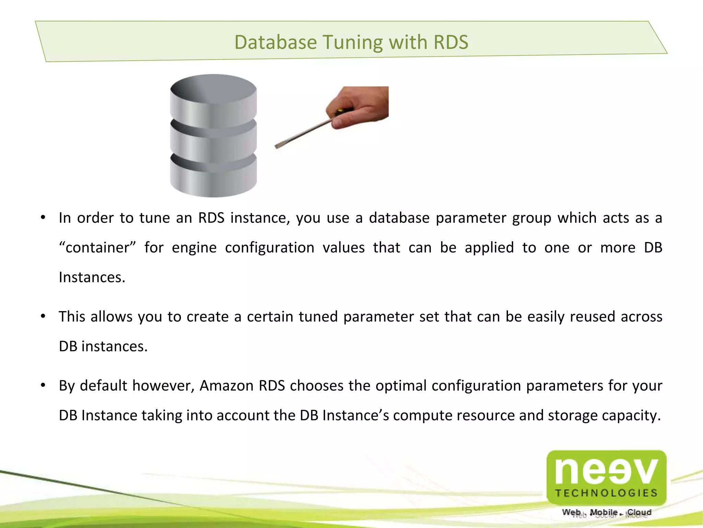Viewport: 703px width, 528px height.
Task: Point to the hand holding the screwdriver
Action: pyautogui.click(x=360, y=107)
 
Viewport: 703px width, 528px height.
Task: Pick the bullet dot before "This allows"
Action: pyautogui.click(x=43, y=316)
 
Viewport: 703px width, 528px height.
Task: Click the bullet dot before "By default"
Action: pyautogui.click(x=43, y=385)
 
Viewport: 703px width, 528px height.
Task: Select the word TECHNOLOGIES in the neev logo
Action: pyautogui.click(x=606, y=493)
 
